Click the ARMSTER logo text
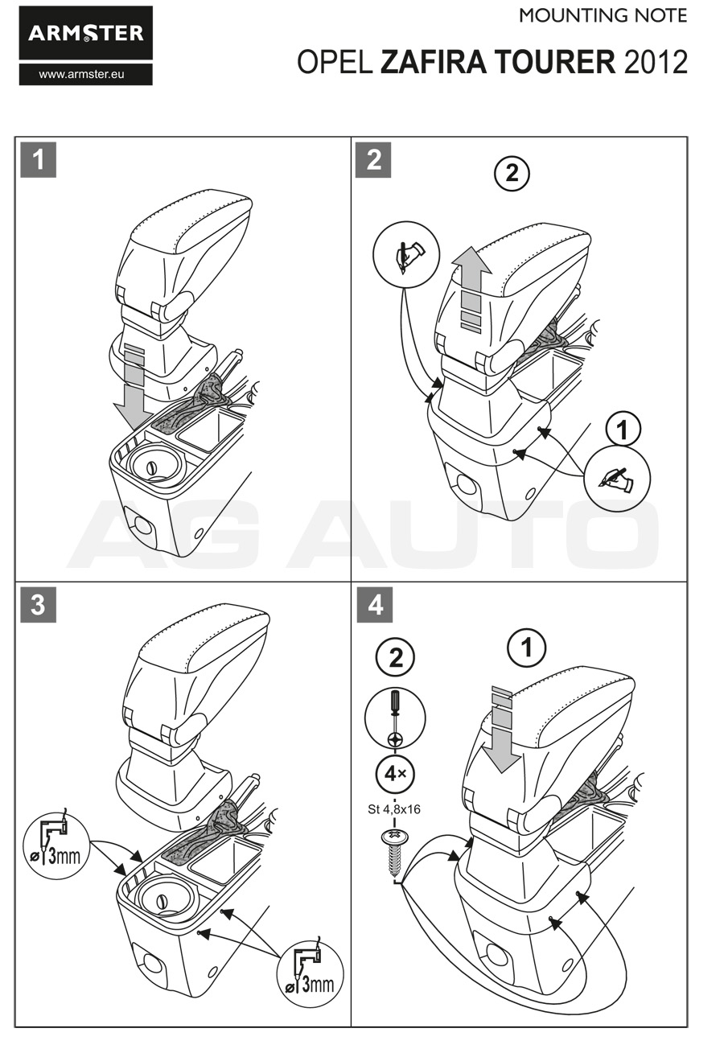click(x=85, y=33)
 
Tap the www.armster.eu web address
click(x=85, y=74)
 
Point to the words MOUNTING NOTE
click(x=603, y=15)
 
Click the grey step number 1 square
click(x=38, y=159)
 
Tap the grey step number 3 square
click(x=38, y=604)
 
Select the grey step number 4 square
click(x=374, y=604)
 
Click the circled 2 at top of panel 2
click(x=512, y=173)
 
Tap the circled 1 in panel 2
click(x=622, y=429)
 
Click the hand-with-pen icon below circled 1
click(x=618, y=480)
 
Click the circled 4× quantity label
click(x=395, y=775)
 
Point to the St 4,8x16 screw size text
click(x=394, y=809)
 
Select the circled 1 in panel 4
click(x=528, y=648)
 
